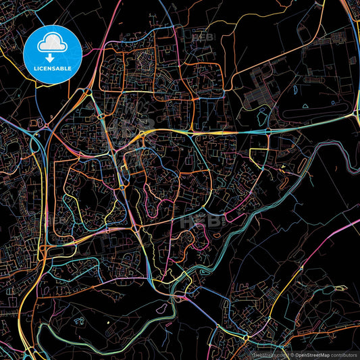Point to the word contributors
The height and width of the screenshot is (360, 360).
click(x=344, y=354)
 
